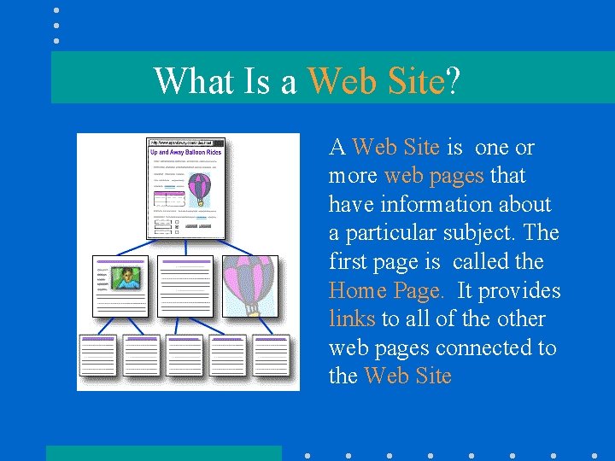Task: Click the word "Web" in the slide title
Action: (x=341, y=81)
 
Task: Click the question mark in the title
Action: (x=453, y=81)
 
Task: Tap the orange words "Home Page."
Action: (x=386, y=290)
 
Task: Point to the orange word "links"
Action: (x=352, y=319)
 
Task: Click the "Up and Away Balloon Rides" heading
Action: (x=185, y=153)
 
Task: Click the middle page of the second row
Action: (x=186, y=286)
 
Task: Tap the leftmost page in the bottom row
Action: (x=97, y=354)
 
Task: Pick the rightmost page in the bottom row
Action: (x=272, y=354)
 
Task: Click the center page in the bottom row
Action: (x=184, y=354)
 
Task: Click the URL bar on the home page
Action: (x=184, y=143)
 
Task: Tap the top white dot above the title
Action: (x=56, y=10)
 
